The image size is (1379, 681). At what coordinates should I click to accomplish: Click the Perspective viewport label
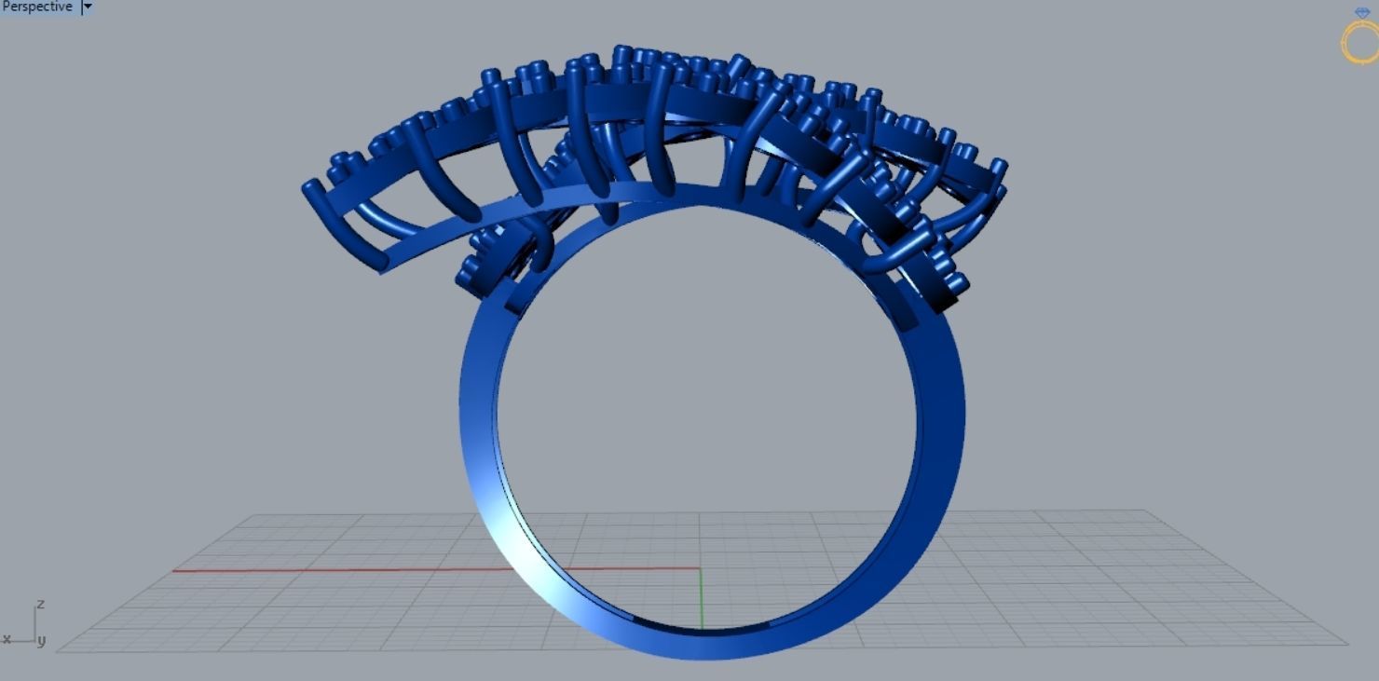(x=37, y=7)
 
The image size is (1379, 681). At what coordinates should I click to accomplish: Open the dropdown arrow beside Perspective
(x=88, y=7)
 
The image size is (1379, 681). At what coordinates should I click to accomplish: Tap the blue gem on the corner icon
(x=1362, y=13)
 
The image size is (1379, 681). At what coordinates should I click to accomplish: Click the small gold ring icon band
(x=1361, y=44)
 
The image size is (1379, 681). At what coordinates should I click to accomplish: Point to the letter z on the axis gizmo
(x=40, y=605)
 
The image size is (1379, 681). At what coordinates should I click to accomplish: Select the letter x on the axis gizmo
(x=7, y=639)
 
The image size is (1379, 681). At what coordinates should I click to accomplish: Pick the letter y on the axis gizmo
(x=42, y=641)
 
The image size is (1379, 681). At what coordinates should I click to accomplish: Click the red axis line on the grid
(x=373, y=569)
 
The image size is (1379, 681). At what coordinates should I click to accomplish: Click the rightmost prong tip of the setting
(x=999, y=167)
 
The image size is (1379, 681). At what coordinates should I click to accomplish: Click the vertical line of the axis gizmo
(x=36, y=625)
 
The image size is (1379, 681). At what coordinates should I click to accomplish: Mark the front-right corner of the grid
(x=1345, y=642)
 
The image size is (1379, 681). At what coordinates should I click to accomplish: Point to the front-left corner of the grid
(x=61, y=649)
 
